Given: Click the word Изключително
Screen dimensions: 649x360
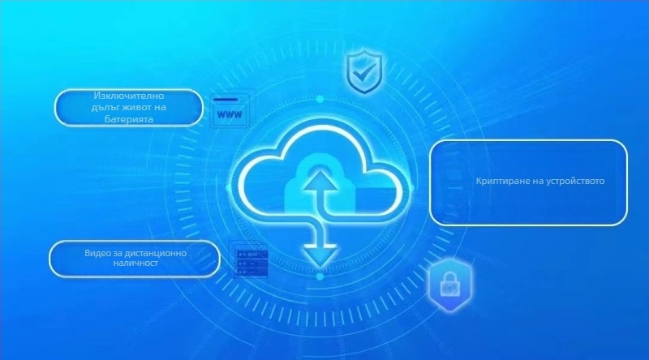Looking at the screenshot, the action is [129, 96].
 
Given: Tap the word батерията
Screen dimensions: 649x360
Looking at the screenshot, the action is [129, 119].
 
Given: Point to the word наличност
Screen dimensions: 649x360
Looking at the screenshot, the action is [135, 263].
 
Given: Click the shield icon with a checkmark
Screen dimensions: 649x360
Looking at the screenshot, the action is [363, 71].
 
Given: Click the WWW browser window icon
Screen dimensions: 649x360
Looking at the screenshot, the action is [230, 110].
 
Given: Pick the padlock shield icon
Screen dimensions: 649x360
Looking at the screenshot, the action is [450, 285].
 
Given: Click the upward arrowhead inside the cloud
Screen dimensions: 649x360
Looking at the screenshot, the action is [318, 182].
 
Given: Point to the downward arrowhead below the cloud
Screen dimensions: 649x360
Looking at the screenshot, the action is [320, 255].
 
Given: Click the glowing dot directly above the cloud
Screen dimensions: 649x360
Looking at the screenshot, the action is [320, 99].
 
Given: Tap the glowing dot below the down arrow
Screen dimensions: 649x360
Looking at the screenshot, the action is [320, 276].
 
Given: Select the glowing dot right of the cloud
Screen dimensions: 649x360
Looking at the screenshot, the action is [411, 188].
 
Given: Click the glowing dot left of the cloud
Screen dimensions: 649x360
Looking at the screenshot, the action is [228, 188].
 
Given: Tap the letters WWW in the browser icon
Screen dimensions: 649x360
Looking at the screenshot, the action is [230, 114].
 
